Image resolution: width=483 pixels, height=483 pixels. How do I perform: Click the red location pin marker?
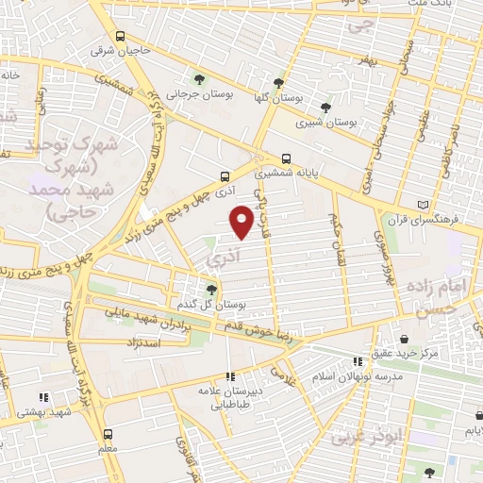click(x=242, y=222)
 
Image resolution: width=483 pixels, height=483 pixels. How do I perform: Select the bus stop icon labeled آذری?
click(x=225, y=175)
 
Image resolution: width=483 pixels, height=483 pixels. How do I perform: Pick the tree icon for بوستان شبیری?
click(x=325, y=108)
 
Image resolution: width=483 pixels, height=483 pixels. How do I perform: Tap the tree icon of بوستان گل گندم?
click(x=211, y=290)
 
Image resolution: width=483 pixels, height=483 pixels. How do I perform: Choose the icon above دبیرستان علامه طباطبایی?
click(x=231, y=375)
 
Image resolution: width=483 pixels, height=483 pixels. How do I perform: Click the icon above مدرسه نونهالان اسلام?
click(x=357, y=361)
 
